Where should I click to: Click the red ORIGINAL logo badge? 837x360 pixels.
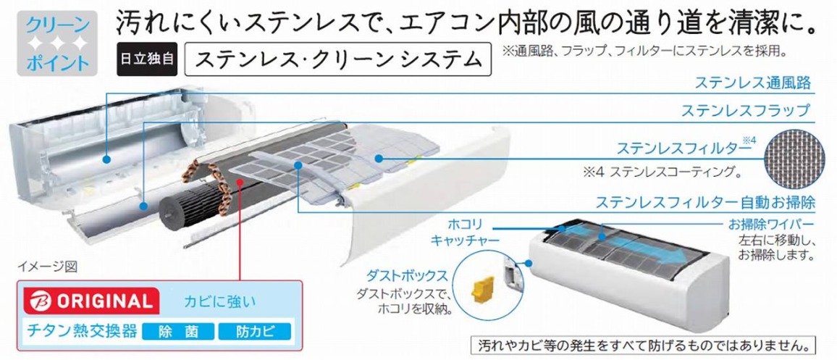point(86,299)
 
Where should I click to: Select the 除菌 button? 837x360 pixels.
point(177,333)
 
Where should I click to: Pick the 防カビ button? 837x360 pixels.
point(253,333)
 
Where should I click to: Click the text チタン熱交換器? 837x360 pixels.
point(80,332)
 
